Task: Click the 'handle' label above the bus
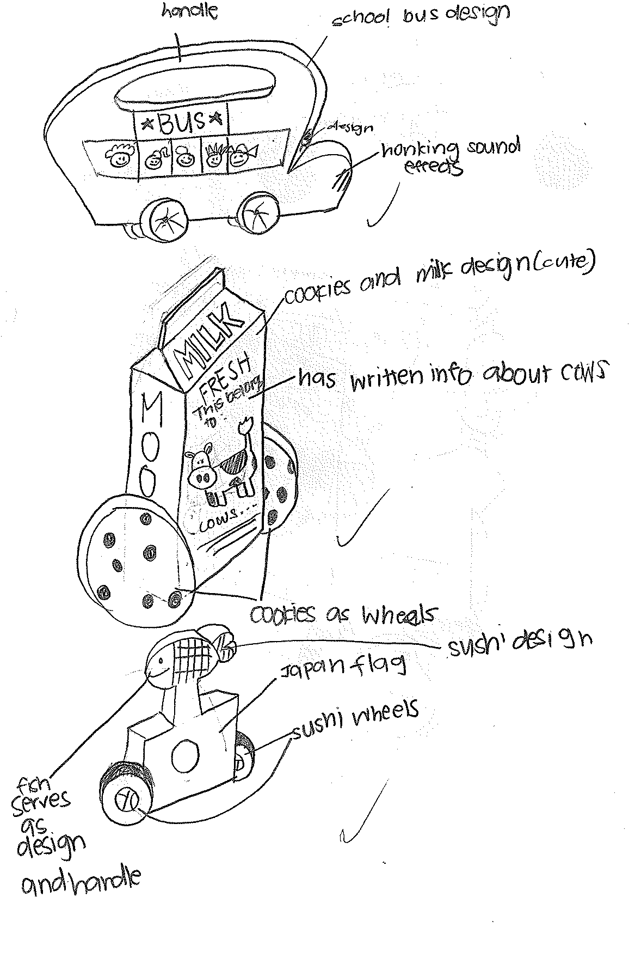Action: coord(189,12)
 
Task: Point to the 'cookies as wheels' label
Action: coord(343,614)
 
